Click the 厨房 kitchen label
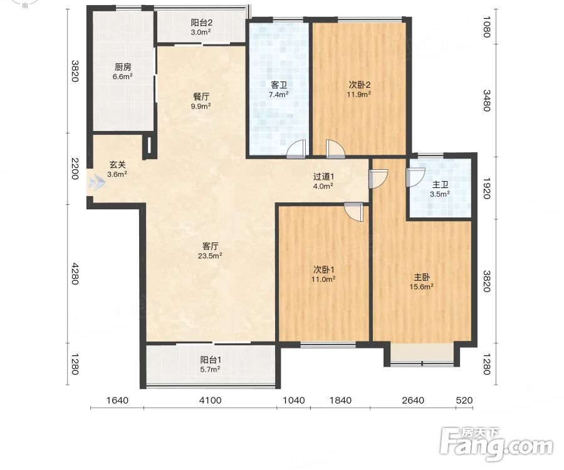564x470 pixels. tap(123, 67)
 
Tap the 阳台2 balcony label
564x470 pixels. tap(201, 23)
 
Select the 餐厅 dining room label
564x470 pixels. tap(201, 97)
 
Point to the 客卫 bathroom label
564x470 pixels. tap(279, 85)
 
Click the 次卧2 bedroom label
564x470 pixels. tap(359, 85)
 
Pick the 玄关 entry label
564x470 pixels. tap(118, 165)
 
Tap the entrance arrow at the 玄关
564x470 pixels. tap(97, 182)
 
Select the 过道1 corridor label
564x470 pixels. tap(323, 177)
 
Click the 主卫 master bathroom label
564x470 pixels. tap(440, 185)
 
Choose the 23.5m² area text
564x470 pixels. tap(210, 256)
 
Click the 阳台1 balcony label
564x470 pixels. tap(211, 360)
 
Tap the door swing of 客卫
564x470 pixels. tap(296, 149)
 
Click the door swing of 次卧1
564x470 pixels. tap(353, 212)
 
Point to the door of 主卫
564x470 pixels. tap(415, 177)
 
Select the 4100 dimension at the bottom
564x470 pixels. tap(211, 400)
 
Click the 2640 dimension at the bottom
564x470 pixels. tap(413, 400)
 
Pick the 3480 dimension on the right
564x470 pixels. tap(486, 100)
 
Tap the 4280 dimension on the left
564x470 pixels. tap(75, 274)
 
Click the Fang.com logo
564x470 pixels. tap(497, 444)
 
